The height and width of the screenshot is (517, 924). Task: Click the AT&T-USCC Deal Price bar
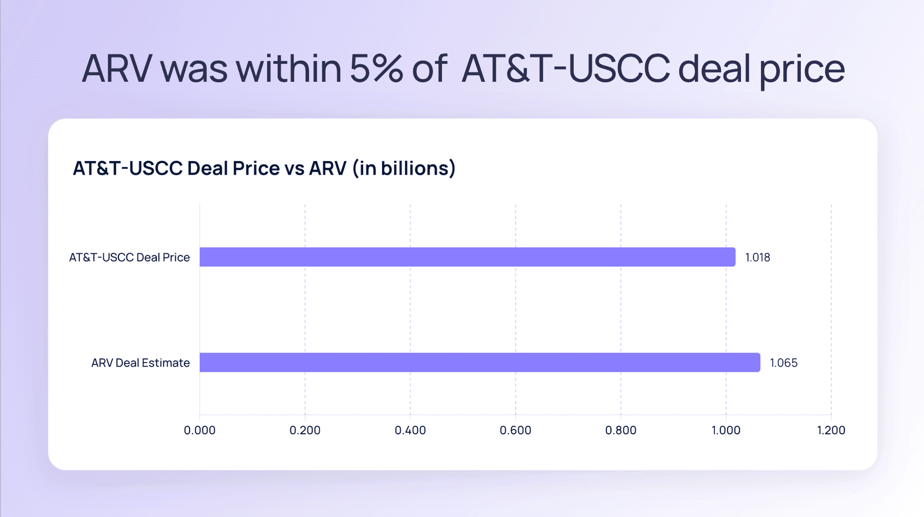467,257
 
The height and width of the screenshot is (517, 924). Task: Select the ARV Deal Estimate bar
480,362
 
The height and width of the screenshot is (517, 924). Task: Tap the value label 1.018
757,257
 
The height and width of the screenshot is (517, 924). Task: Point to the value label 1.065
783,363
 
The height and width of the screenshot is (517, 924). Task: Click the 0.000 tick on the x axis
200,430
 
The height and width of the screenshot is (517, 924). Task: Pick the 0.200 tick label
305,430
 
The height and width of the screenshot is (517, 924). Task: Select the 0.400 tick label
410,430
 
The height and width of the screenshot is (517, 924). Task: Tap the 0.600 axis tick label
515,430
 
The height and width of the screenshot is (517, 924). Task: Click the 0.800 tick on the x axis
621,430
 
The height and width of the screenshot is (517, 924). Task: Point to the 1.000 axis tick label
726,430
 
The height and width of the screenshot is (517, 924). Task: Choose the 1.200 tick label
831,430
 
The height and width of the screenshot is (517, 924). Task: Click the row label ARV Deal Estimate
141,363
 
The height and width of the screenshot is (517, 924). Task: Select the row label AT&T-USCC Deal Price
129,257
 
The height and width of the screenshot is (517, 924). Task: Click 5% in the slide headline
376,69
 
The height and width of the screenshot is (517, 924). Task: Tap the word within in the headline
289,69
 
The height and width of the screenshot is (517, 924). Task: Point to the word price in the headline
802,70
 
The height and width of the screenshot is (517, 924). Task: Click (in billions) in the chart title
404,168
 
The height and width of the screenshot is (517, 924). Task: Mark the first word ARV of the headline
117,69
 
